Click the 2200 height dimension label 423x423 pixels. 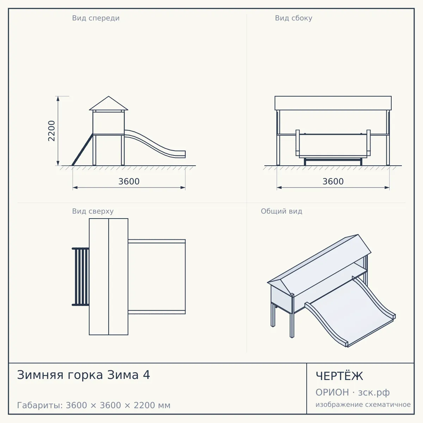51,131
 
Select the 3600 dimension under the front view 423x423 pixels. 129,182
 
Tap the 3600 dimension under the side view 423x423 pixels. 333,182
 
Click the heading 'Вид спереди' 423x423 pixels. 96,18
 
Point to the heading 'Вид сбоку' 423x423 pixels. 294,18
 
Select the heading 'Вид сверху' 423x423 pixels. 93,211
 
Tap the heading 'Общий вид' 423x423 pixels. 281,211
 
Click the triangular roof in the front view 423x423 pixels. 109,103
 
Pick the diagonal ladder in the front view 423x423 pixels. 82,149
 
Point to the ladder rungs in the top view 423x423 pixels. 81,277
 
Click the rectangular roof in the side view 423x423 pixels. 333,103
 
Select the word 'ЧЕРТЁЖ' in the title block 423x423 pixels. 339,376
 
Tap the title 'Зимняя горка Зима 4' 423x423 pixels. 84,375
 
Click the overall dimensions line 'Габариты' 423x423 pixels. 94,405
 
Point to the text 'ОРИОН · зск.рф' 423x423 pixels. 352,392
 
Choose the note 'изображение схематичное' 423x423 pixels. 363,404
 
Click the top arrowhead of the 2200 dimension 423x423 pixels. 58,98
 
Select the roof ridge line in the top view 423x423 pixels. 109,277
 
